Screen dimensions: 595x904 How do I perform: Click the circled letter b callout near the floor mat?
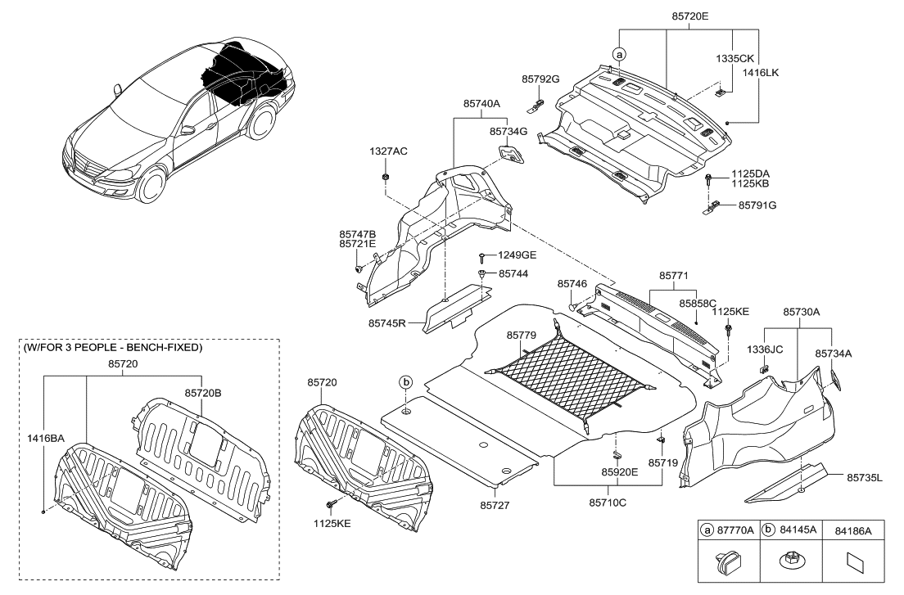pyautogui.click(x=405, y=382)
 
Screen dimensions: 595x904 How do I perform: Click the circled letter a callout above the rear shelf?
pyautogui.click(x=619, y=53)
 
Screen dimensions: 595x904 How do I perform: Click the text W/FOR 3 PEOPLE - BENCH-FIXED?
pyautogui.click(x=111, y=347)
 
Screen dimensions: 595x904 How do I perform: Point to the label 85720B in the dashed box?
pyautogui.click(x=203, y=393)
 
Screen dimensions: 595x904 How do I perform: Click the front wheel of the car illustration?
pyautogui.click(x=152, y=186)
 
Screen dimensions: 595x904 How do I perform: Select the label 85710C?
pyautogui.click(x=608, y=502)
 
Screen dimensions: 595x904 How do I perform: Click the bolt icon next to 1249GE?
pyautogui.click(x=483, y=256)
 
